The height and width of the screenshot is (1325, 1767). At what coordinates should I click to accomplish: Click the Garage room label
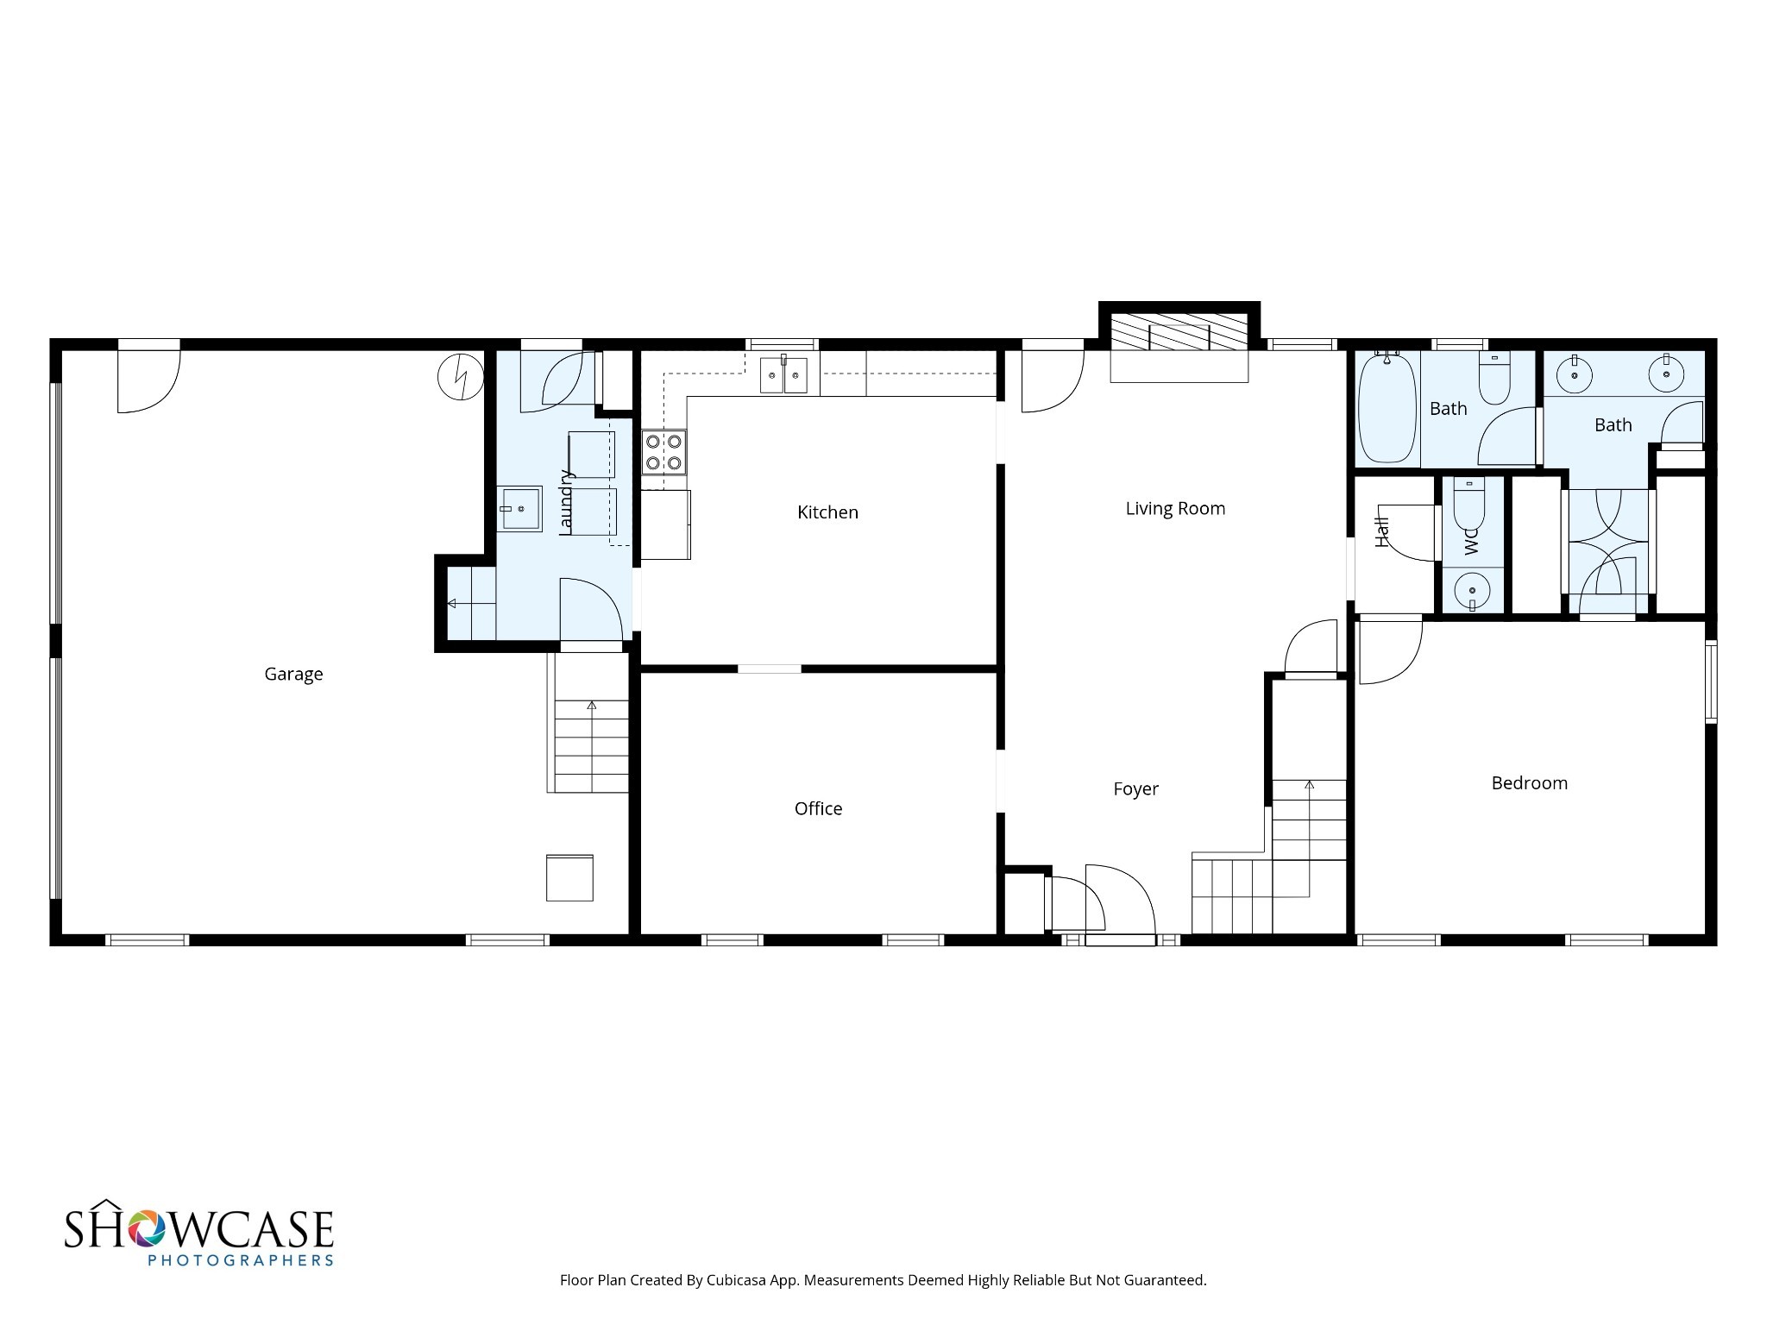coord(293,675)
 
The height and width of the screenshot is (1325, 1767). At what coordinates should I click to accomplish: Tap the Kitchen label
coord(827,512)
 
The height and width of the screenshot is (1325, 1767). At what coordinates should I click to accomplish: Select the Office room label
coord(818,808)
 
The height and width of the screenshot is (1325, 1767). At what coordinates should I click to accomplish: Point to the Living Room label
coord(1175,509)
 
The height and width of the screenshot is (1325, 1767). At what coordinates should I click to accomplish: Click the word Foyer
coord(1135,789)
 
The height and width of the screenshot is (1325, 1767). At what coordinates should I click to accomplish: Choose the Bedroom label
coord(1529,783)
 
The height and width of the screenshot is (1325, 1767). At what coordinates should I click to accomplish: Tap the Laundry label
coord(566,502)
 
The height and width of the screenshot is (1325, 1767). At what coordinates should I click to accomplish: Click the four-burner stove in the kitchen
coord(663,452)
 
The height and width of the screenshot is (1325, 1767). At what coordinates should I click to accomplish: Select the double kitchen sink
coord(783,375)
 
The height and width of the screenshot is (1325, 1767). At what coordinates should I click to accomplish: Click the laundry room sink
coord(519,509)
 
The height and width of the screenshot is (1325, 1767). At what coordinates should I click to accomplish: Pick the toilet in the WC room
coord(1468,504)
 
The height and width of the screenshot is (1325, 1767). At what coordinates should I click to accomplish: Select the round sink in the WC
coord(1471,591)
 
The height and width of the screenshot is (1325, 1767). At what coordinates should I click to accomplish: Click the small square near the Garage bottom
coord(569,877)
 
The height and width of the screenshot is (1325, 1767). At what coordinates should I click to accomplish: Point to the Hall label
coord(1382,531)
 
